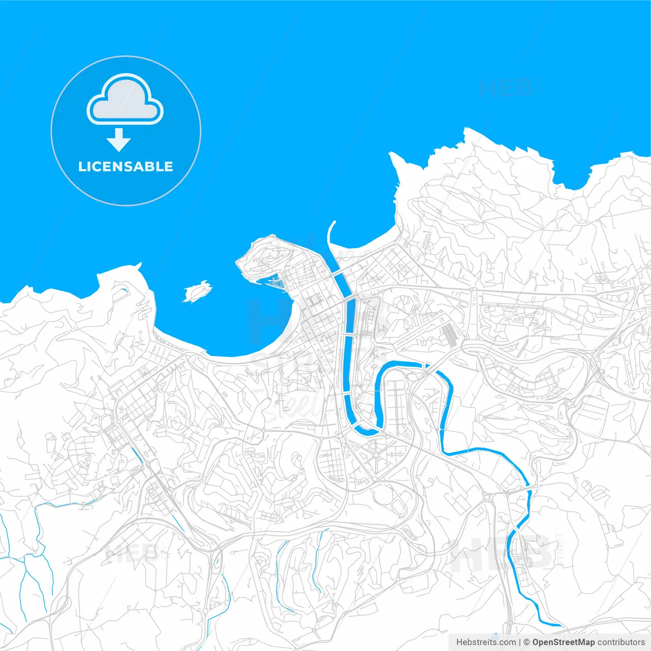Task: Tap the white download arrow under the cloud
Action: pos(119,140)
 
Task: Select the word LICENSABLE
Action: pos(126,166)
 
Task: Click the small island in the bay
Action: pos(197,292)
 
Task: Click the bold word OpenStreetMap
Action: pos(563,642)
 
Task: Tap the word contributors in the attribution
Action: pos(621,642)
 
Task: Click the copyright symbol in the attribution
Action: pos(527,642)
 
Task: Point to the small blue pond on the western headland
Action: pos(123,291)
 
